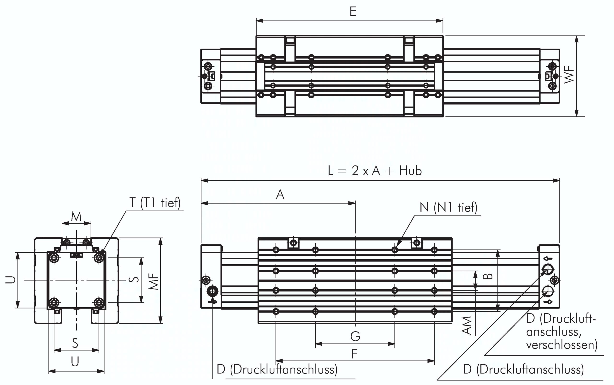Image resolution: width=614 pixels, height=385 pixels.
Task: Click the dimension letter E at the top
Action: click(x=353, y=12)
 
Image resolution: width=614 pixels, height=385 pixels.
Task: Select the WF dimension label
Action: click(x=569, y=75)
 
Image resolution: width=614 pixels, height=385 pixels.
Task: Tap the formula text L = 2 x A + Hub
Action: click(x=375, y=171)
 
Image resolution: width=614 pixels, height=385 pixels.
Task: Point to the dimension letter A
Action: click(x=280, y=194)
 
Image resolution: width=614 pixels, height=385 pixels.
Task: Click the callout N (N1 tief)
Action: click(x=449, y=207)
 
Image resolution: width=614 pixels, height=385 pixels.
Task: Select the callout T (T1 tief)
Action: click(x=155, y=203)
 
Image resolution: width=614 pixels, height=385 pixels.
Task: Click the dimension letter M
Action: click(x=76, y=216)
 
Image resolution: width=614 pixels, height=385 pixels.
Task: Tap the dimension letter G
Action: click(x=355, y=336)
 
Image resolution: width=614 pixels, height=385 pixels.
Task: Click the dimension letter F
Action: click(x=354, y=354)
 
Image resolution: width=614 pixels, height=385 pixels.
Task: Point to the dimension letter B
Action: click(x=488, y=276)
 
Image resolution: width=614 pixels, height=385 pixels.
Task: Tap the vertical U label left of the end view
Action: click(x=11, y=280)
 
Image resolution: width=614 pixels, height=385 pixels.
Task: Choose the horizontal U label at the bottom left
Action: click(x=75, y=361)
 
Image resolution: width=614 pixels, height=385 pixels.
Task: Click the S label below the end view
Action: click(x=75, y=343)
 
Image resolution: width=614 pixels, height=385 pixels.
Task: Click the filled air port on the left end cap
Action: click(x=213, y=291)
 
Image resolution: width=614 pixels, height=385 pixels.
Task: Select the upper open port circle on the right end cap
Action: click(x=548, y=268)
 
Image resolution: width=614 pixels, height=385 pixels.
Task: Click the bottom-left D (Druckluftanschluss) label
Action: click(x=277, y=369)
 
